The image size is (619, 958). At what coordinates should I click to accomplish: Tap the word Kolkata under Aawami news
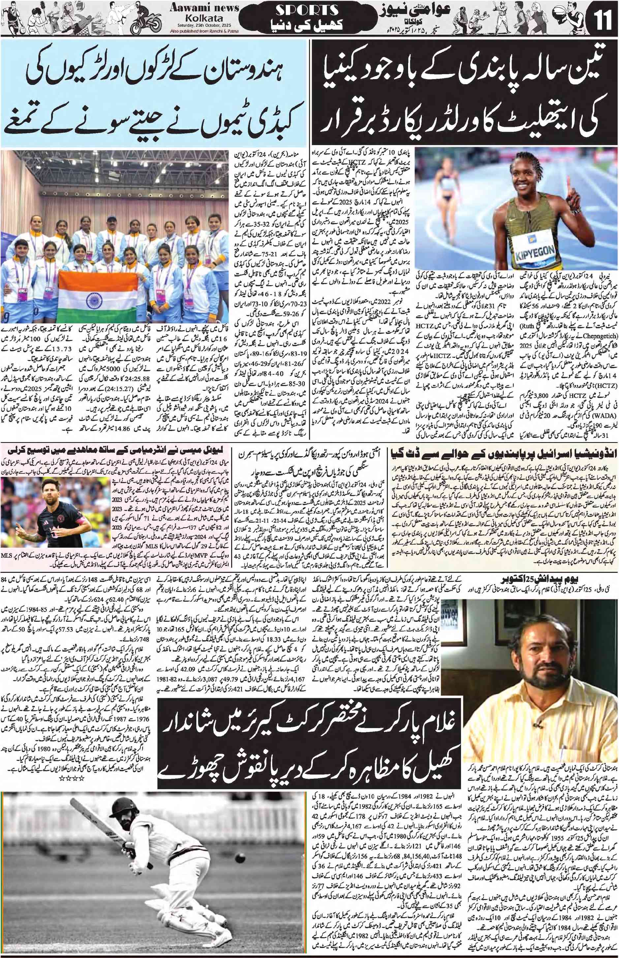click(x=204, y=18)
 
